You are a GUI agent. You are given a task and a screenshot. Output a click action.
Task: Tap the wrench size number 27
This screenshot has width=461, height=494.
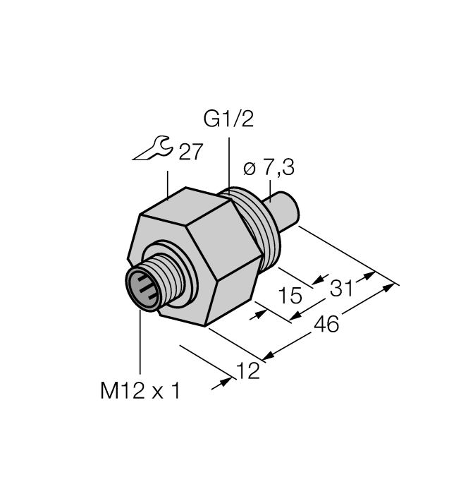click(190, 152)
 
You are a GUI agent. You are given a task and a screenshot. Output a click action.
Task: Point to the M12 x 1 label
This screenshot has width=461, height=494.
click(140, 390)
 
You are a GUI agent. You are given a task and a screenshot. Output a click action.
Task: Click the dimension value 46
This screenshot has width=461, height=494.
click(326, 324)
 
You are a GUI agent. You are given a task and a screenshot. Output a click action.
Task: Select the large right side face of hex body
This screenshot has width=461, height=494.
click(226, 261)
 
